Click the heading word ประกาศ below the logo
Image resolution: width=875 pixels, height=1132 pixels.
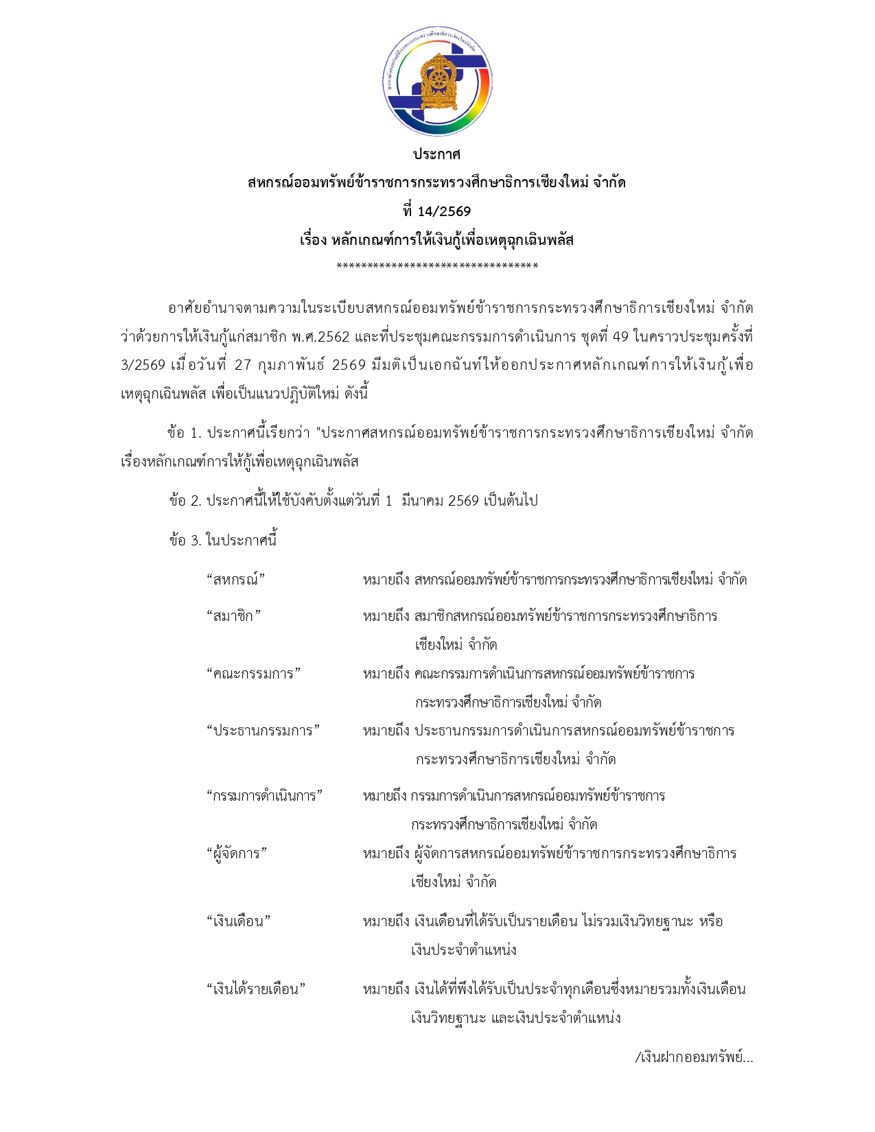[x=436, y=154]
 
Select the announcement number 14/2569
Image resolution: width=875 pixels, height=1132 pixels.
[x=444, y=211]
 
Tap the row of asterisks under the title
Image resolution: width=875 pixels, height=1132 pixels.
[x=437, y=266]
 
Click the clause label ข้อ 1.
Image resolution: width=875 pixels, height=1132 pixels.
[x=184, y=433]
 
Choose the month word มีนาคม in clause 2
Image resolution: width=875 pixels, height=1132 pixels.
[x=422, y=501]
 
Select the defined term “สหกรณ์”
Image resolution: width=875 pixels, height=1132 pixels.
[x=235, y=580]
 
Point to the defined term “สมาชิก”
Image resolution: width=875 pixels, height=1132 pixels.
[x=233, y=616]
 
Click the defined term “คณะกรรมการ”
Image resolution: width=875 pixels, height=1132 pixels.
[x=253, y=674]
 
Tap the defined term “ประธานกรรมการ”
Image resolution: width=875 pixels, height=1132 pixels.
[x=264, y=731]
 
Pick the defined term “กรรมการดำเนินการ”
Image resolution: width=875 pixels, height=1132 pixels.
[x=264, y=796]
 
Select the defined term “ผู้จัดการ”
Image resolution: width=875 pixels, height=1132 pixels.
[x=237, y=853]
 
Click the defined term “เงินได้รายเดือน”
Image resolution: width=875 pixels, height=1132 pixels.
[x=256, y=989]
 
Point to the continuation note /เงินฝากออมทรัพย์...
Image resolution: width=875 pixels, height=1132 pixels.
[x=694, y=1057]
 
